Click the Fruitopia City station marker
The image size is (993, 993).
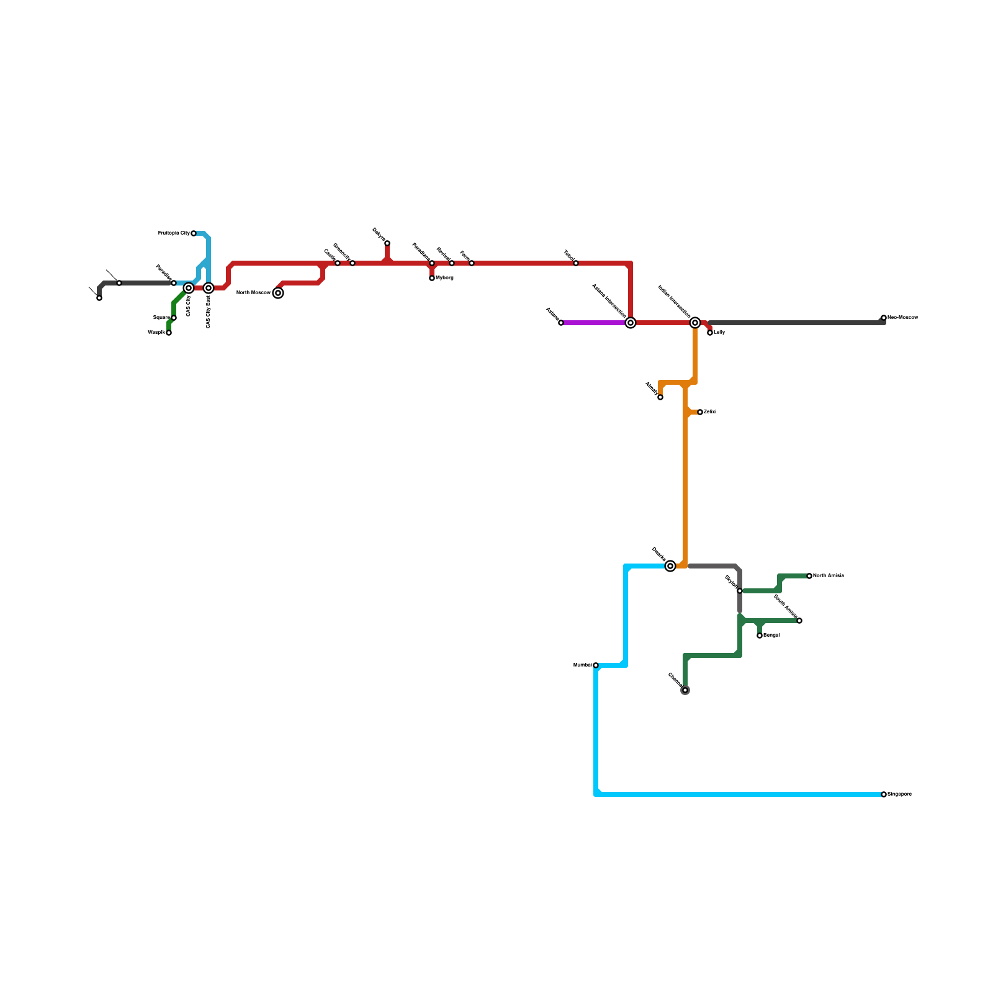(194, 233)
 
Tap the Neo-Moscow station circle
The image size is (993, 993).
(884, 318)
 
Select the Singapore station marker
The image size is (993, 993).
(884, 794)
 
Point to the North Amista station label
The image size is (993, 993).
(829, 576)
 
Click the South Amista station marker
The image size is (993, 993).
(799, 621)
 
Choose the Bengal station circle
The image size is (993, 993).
(760, 636)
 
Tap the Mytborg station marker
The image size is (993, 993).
(432, 278)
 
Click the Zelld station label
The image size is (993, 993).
(710, 412)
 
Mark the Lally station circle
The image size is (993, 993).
(710, 333)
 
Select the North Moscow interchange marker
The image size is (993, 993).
(279, 293)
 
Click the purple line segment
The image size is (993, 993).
(596, 323)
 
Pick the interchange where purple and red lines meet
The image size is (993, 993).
(631, 323)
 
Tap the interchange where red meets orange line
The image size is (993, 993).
(695, 323)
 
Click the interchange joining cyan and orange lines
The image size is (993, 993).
(670, 566)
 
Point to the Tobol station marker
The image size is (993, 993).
(576, 263)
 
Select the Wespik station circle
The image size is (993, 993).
(169, 333)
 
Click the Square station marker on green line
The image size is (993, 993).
(174, 318)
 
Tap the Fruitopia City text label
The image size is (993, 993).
(174, 233)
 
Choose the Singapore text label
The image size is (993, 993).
(899, 794)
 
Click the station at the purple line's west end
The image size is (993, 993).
(561, 323)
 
